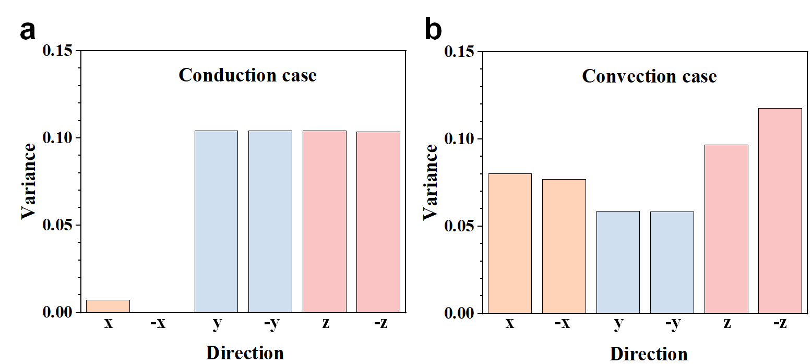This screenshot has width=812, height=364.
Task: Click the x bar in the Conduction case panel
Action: point(108,306)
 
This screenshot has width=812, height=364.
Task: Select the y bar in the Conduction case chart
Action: point(216,221)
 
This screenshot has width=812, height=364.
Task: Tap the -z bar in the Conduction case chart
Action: point(378,222)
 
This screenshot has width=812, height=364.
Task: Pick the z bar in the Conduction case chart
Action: point(324,221)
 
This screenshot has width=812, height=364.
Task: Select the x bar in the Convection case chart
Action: point(510,243)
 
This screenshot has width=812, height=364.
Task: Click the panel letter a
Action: point(28,30)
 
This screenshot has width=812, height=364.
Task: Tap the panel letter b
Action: point(433,30)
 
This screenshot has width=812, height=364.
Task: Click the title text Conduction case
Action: point(247,75)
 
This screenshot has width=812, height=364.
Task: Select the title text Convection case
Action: point(649,76)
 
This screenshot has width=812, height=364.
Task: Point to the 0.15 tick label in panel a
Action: point(59,51)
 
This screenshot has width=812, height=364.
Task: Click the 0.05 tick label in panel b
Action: point(460,227)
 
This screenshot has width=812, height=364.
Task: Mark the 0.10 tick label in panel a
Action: point(59,138)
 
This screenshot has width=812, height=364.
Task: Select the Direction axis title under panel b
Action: point(649,354)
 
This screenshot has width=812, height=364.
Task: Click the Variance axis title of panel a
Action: point(29,181)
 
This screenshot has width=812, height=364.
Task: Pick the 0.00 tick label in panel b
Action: point(460,313)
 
